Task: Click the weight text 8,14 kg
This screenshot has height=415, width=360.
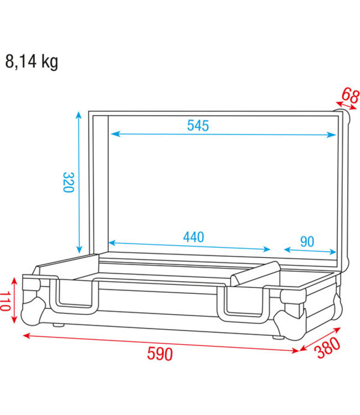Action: click(x=32, y=61)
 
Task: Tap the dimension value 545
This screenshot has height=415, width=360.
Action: click(x=198, y=126)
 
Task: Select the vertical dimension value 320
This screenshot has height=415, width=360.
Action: click(x=68, y=182)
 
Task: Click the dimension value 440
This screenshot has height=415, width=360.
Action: click(x=193, y=237)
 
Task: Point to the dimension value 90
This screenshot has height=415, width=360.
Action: click(x=307, y=241)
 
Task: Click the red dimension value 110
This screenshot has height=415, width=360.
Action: click(x=6, y=302)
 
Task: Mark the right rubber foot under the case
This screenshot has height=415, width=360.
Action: click(x=276, y=338)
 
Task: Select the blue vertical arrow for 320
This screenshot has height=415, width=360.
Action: click(x=79, y=182)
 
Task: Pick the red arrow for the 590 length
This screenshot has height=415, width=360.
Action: click(x=161, y=343)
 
